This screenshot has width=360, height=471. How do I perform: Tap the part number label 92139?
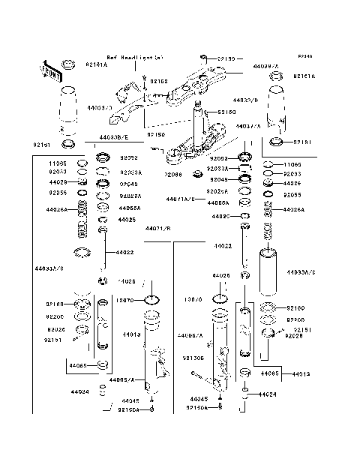226,58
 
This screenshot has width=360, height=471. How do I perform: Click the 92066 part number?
174,174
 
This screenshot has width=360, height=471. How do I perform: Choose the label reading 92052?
129,158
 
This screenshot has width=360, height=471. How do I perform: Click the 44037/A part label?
248,127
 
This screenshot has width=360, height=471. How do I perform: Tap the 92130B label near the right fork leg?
194,358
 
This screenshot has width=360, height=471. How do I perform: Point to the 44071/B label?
158,227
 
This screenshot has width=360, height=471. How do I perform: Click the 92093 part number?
218,159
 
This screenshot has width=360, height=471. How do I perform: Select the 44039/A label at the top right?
266,66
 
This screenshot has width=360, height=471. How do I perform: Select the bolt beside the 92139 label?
202,58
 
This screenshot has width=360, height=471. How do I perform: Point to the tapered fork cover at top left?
67,109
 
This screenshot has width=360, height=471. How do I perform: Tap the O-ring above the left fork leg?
151,301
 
